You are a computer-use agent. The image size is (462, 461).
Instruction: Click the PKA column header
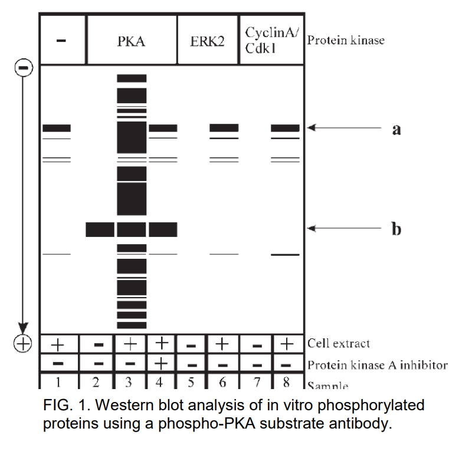click(132, 41)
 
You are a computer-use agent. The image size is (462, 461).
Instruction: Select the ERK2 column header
click(207, 41)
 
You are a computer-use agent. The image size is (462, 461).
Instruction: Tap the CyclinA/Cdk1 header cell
click(271, 39)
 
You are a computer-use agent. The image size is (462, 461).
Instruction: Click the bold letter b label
click(397, 229)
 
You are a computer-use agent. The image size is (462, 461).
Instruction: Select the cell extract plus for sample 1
click(57, 344)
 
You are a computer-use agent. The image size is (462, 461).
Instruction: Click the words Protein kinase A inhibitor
click(378, 365)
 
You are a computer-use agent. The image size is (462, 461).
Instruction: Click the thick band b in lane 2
click(100, 229)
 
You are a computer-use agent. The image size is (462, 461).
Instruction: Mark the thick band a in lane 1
click(57, 128)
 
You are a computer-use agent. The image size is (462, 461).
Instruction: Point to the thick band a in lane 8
click(285, 128)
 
